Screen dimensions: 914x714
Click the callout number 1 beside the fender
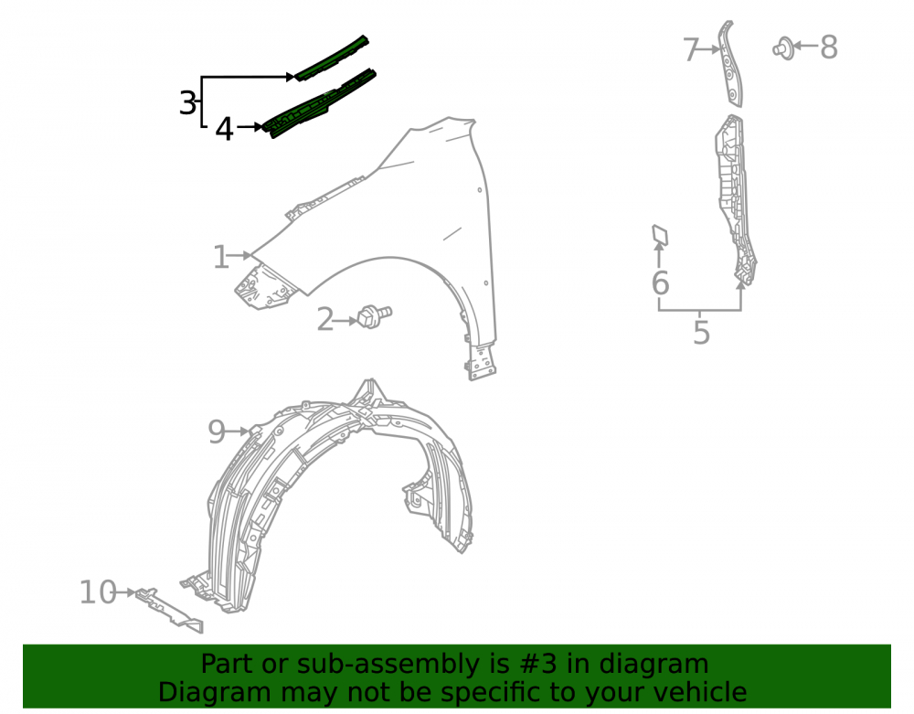tap(220, 257)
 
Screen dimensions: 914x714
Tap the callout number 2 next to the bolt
tap(325, 319)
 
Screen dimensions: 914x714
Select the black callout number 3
tap(187, 103)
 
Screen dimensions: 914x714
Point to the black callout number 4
tap(224, 129)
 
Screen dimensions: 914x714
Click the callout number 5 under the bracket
tap(701, 333)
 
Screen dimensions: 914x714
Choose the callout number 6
tap(660, 282)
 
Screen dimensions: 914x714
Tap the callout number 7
tap(691, 49)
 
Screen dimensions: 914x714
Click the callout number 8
tap(829, 48)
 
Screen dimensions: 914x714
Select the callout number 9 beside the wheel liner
tap(217, 432)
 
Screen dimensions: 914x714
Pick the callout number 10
tap(98, 592)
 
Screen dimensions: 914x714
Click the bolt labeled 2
tap(374, 316)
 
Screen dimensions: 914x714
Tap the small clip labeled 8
tap(783, 48)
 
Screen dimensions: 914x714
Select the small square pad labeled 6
tap(660, 235)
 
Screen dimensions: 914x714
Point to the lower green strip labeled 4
tap(319, 103)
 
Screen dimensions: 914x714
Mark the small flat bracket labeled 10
tap(170, 610)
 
